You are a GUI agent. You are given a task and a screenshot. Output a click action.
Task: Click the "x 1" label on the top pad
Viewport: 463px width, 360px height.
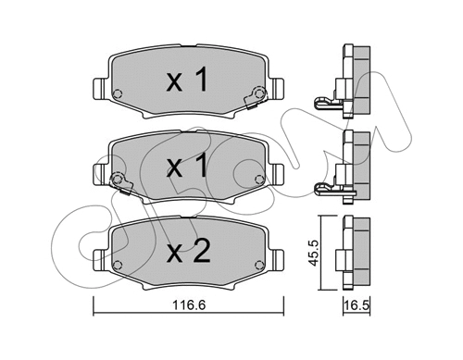point(186,82)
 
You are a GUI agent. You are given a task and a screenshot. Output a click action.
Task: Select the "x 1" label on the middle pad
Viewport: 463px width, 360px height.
point(186,168)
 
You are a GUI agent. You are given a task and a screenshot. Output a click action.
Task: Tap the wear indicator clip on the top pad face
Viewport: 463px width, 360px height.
point(257,93)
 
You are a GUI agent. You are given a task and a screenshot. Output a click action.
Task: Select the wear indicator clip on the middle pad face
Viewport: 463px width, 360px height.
point(117,179)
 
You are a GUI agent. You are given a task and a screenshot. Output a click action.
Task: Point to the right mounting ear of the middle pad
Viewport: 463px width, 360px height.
point(277,175)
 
